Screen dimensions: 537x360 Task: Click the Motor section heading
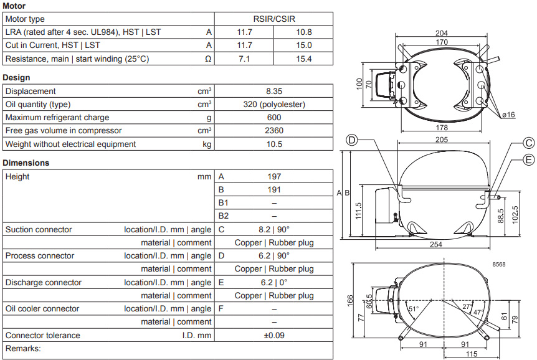pyautogui.click(x=14, y=6)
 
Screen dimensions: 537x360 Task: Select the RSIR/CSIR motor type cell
pyautogui.click(x=274, y=19)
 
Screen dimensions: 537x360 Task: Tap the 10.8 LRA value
pyautogui.click(x=304, y=32)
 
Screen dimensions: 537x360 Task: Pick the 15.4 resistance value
pyautogui.click(x=304, y=59)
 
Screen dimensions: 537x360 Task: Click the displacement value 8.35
pyautogui.click(x=274, y=91)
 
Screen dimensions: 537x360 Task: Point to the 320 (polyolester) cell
pyautogui.click(x=274, y=104)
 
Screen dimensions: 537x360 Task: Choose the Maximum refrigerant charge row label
pyautogui.click(x=57, y=118)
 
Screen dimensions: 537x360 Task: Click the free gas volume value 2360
pyautogui.click(x=274, y=131)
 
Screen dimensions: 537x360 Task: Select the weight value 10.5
pyautogui.click(x=274, y=144)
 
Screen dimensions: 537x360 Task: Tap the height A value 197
pyautogui.click(x=274, y=176)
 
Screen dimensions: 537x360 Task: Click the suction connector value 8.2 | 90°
pyautogui.click(x=274, y=229)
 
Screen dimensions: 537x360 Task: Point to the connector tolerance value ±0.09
pyautogui.click(x=274, y=335)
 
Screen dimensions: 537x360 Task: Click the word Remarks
pyautogui.click(x=23, y=348)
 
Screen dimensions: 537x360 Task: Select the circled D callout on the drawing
pyautogui.click(x=352, y=140)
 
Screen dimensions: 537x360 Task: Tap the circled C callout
pyautogui.click(x=528, y=143)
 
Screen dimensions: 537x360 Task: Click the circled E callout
pyautogui.click(x=528, y=160)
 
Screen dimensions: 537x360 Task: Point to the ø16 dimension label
pyautogui.click(x=508, y=115)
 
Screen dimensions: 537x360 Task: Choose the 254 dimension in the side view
pyautogui.click(x=436, y=245)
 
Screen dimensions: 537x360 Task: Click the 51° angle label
pyautogui.click(x=414, y=309)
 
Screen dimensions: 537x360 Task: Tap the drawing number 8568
pyautogui.click(x=498, y=265)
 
